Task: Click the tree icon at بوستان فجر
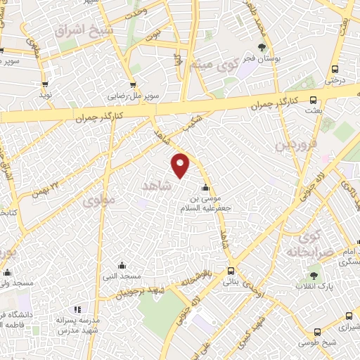point(262,48)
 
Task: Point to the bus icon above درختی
point(335,69)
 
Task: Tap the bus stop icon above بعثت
point(311,100)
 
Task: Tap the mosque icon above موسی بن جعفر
point(205,188)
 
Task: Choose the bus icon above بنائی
point(231,271)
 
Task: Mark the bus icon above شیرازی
point(317,333)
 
